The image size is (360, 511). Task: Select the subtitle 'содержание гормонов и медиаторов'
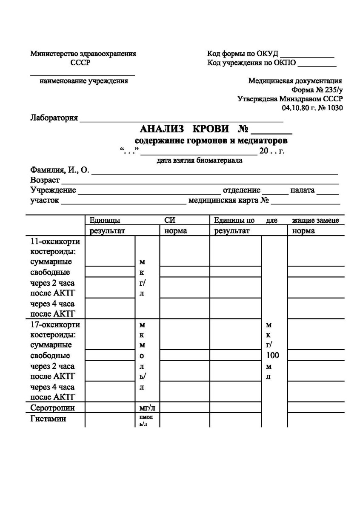[211, 140]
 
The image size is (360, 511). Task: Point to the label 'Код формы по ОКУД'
[243, 53]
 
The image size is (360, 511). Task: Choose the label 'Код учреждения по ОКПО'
[251, 63]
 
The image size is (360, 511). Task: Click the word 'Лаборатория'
[54, 118]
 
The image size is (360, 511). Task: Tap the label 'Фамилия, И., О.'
[60, 170]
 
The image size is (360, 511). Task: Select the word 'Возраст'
[44, 180]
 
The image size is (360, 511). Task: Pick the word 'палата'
[302, 190]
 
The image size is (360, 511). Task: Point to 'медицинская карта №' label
[230, 200]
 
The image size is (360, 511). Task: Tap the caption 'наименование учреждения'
[84, 80]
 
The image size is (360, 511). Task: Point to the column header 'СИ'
[170, 220]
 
